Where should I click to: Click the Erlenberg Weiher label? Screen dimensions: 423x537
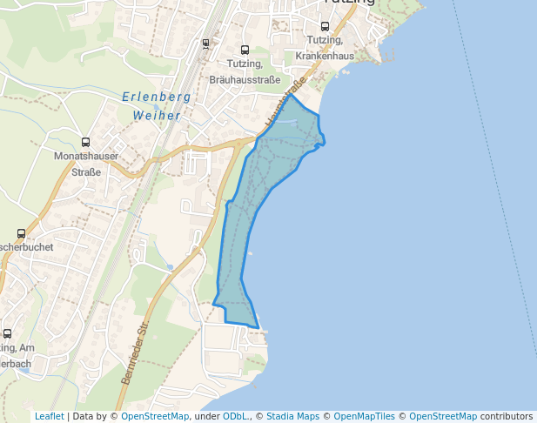point(151,106)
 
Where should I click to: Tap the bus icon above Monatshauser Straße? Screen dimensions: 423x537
point(85,142)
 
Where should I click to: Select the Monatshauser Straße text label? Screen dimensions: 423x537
point(86,164)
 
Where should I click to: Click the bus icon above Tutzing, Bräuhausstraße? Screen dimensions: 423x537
point(245,50)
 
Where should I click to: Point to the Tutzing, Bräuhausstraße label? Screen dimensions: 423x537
point(245,72)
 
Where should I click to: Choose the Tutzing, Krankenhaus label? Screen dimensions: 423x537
point(325,48)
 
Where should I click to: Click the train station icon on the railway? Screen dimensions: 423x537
point(205,43)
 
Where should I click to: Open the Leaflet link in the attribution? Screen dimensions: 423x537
point(49,417)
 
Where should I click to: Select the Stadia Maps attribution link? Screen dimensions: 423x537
point(292,417)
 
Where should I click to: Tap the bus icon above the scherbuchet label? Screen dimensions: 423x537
point(22,233)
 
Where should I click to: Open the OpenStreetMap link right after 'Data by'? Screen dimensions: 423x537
point(155,417)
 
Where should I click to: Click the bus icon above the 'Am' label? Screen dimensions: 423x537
point(8,333)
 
